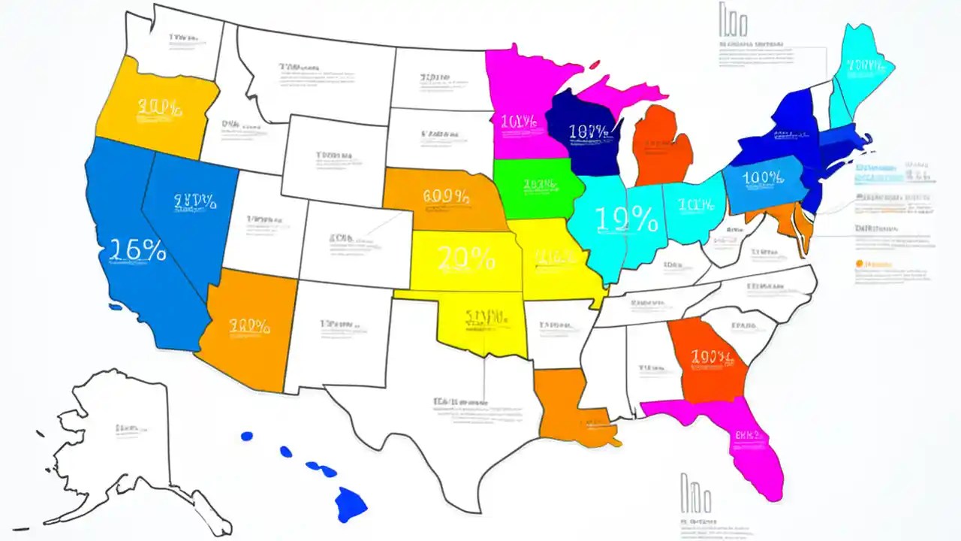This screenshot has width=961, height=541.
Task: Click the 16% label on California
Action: coord(137,251)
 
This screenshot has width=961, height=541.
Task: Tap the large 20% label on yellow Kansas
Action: coord(465,258)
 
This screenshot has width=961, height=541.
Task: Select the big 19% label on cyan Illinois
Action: coord(626,219)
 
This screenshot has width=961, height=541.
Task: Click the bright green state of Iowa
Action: coord(537,188)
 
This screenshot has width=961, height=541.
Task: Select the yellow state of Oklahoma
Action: coord(480,323)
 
